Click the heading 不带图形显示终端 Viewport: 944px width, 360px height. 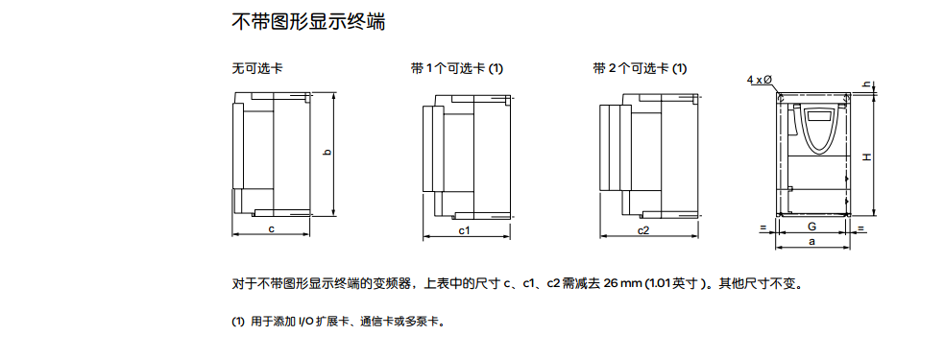point(308,22)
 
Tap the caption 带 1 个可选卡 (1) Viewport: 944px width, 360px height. point(457,68)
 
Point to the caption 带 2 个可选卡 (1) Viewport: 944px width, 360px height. point(640,68)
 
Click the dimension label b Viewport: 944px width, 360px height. point(327,153)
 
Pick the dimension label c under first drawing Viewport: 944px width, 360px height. point(272,228)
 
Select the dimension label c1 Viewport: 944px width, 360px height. point(465,229)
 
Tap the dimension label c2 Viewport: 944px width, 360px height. point(643,229)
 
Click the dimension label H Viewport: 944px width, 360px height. point(866,156)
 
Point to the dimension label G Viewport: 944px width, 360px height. point(811,227)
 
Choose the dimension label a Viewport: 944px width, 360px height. point(811,241)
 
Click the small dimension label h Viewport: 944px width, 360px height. point(866,84)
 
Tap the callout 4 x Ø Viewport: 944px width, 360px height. point(760,80)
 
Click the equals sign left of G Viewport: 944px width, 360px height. point(762,228)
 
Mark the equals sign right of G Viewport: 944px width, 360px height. point(860,228)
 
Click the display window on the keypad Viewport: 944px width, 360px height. point(818,117)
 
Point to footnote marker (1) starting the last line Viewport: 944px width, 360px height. point(238,322)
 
